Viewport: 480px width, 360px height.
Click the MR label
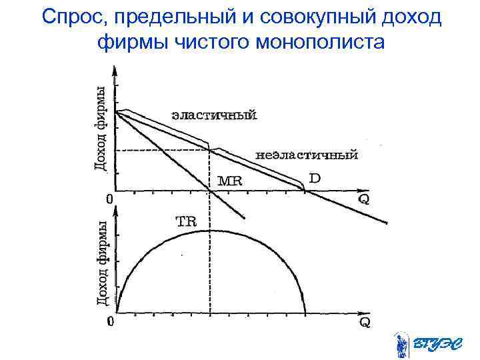tap(230, 181)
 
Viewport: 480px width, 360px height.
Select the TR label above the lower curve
tap(185, 222)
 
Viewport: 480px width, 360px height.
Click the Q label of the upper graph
tap(364, 199)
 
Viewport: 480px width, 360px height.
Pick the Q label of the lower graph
tap(364, 323)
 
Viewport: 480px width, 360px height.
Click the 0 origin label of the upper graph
tap(110, 199)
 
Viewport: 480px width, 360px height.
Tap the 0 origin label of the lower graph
tap(110, 322)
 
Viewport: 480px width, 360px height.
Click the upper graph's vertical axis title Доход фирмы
tap(101, 127)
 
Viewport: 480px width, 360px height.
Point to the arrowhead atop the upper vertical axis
tap(116, 70)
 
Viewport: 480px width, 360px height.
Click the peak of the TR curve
tap(210, 231)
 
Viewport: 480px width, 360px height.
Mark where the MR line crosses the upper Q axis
tap(211, 191)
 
